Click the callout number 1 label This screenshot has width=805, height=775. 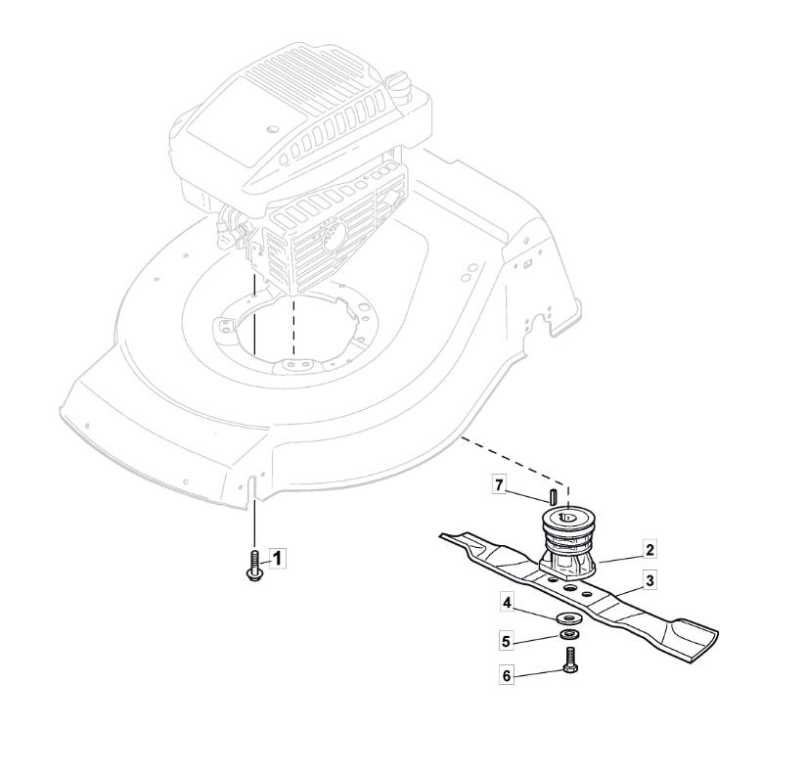click(x=277, y=559)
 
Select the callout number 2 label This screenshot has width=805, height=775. click(x=649, y=550)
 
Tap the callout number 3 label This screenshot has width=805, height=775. click(x=649, y=581)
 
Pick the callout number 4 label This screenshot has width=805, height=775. click(x=508, y=603)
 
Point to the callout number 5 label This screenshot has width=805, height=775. click(x=507, y=642)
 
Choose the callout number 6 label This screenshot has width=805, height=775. click(x=507, y=676)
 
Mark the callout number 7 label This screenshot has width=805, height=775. click(x=499, y=484)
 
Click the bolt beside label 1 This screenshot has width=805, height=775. click(x=253, y=566)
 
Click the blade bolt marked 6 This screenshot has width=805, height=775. click(x=570, y=661)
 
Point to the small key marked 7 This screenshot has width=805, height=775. click(x=553, y=496)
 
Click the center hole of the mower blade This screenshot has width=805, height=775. click(x=570, y=587)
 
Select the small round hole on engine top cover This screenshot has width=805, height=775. click(x=273, y=127)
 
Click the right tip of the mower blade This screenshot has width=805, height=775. click(x=717, y=630)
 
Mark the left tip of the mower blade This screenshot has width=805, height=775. click(x=440, y=536)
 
